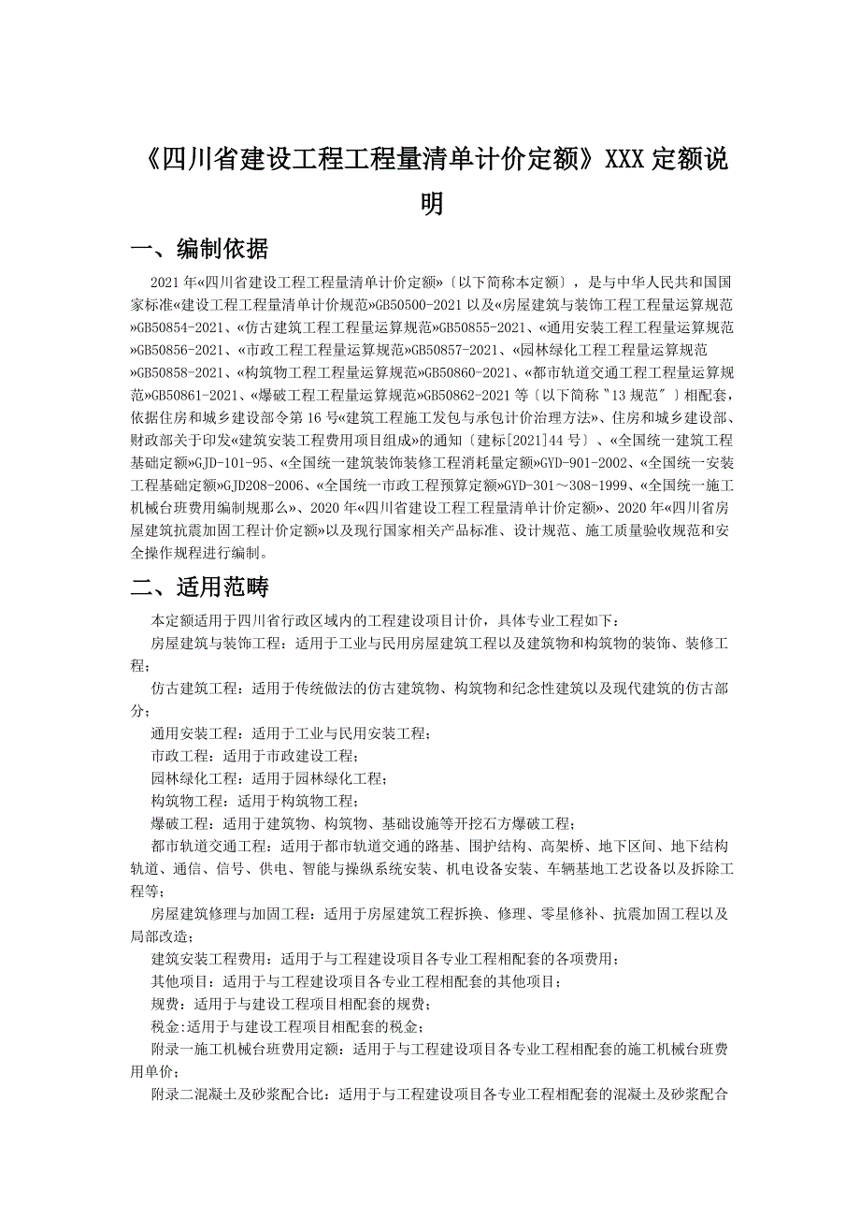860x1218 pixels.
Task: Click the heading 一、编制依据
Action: point(200,248)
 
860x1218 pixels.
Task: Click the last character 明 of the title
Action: point(431,204)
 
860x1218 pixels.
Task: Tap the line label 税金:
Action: point(169,1026)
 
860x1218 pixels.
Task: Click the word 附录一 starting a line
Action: point(173,1049)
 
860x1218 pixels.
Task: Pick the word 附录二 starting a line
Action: point(173,1094)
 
